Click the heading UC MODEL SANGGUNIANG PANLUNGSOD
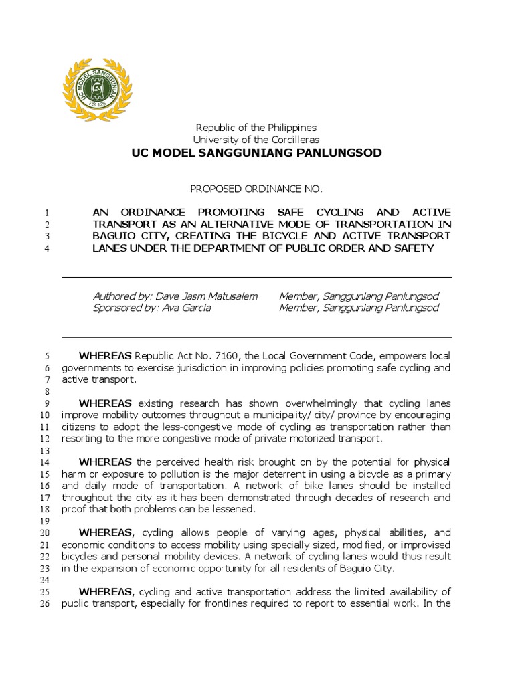click(x=256, y=153)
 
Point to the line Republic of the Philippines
click(x=256, y=127)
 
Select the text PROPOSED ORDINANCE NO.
click(x=256, y=189)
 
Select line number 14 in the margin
click(x=46, y=462)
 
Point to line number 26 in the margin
click(x=46, y=603)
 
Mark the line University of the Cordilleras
click(x=256, y=140)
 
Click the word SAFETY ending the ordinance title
click(x=414, y=248)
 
